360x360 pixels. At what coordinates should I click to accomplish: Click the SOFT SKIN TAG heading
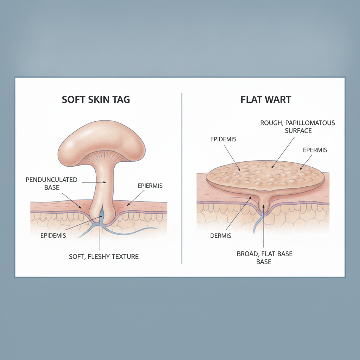click(x=96, y=99)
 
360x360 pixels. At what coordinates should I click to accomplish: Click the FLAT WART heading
click(x=266, y=99)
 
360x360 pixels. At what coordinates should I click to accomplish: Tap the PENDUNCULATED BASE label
click(x=51, y=184)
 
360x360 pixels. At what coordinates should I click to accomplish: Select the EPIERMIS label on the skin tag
click(x=150, y=186)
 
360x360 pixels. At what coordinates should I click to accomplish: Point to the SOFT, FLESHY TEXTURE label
click(x=104, y=256)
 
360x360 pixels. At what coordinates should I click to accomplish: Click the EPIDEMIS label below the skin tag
click(x=53, y=235)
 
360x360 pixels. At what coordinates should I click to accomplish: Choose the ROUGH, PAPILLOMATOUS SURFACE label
click(x=298, y=127)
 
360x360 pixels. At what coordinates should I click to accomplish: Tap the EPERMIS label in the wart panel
click(x=315, y=150)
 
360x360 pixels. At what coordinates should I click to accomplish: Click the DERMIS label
click(x=221, y=236)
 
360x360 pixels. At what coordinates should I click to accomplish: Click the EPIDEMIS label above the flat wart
click(x=223, y=139)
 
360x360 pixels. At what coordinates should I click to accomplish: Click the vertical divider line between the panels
click(x=182, y=178)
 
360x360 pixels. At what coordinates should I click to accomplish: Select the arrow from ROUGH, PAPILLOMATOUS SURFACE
click(x=283, y=153)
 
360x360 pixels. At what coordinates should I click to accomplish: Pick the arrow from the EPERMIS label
click(x=306, y=162)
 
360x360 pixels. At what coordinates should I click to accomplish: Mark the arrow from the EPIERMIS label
click(x=135, y=198)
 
